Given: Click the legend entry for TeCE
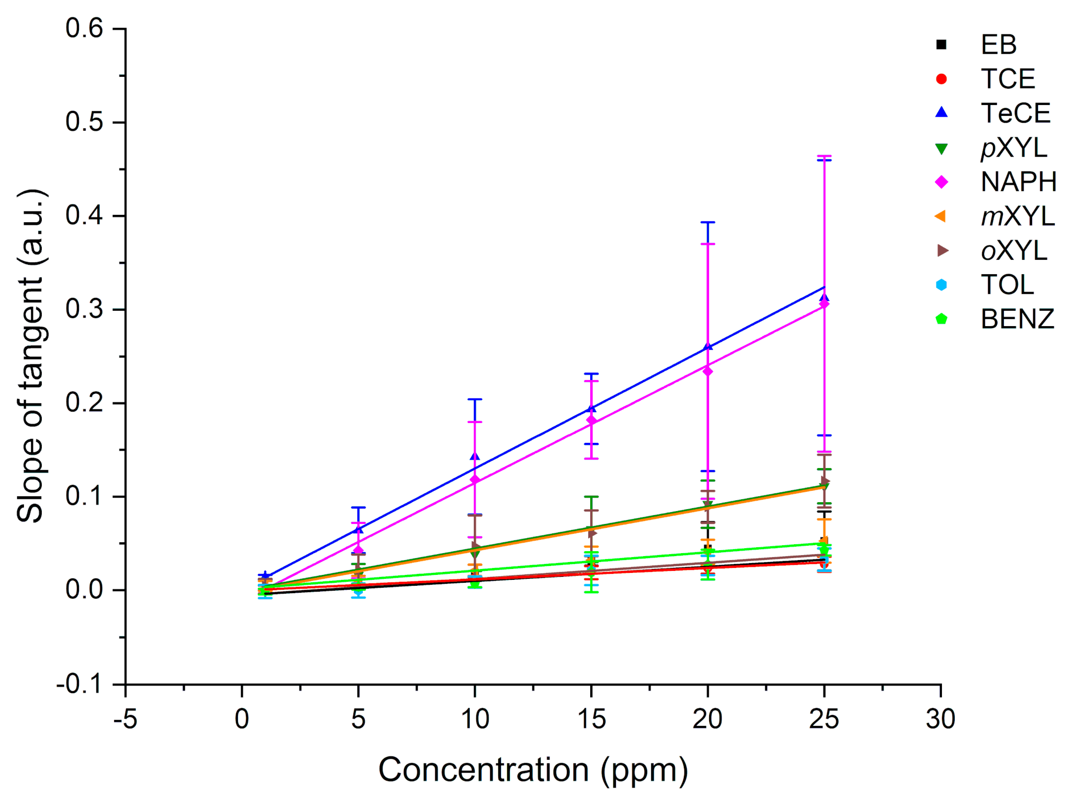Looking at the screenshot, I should point(1015,113).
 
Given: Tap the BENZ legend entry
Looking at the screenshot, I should point(1017,319).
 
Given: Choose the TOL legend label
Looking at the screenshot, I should point(1007,285).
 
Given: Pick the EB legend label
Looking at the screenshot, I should point(999,45).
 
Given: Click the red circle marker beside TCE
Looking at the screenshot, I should point(941,79).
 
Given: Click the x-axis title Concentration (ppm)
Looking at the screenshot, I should point(533,770).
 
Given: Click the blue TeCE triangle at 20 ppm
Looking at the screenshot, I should point(708,347).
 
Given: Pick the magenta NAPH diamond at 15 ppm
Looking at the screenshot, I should point(591,421).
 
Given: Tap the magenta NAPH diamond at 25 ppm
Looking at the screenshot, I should point(824,304).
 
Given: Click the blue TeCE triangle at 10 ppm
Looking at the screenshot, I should point(475,456).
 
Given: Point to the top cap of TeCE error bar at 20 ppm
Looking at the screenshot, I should point(708,222).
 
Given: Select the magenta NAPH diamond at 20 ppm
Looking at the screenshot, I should point(708,371).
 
